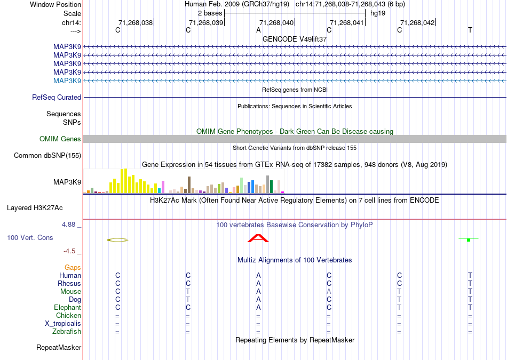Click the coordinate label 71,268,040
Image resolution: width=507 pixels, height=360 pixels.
pos(276,22)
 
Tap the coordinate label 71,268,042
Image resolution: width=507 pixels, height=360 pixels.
pos(417,22)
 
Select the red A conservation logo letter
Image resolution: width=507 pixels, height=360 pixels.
pos(258,238)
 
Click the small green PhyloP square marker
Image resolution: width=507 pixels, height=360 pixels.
pos(468,240)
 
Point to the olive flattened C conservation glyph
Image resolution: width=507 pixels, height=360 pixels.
pos(117,240)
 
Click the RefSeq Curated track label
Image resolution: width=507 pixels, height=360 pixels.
pos(57,98)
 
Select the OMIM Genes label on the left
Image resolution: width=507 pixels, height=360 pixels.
pos(60,139)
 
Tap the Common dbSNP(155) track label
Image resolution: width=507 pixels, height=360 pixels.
pos(47,156)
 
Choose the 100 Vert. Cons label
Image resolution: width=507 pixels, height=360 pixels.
pos(30,237)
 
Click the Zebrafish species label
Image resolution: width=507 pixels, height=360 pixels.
pos(67,332)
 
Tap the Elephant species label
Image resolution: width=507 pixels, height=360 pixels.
pos(67,308)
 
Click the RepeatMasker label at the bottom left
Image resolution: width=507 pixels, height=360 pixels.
pos(59,348)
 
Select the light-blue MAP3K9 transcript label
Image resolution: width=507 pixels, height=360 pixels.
pos(67,81)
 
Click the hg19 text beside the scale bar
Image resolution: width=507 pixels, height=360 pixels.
pos(378,13)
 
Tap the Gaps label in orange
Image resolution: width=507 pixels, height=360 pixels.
pos(73,267)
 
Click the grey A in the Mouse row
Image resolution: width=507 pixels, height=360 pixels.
pos(329,292)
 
